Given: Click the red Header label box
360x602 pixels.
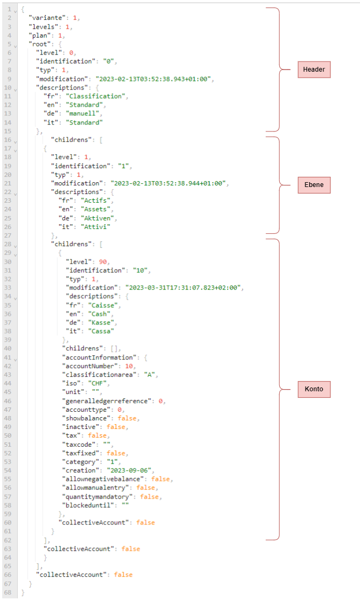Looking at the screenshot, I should [314, 70].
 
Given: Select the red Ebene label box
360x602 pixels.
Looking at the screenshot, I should [314, 185].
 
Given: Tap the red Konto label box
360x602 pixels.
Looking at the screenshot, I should [314, 389].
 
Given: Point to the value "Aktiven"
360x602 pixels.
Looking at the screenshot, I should [98, 218].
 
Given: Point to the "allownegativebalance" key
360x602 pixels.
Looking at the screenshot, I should [105, 479].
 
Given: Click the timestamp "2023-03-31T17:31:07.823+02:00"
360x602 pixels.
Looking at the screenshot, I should [184, 287].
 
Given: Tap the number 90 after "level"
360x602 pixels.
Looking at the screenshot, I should [103, 261].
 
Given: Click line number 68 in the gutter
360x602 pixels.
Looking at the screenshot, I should [9, 592].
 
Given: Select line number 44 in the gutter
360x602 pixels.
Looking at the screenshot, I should [9, 383].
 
